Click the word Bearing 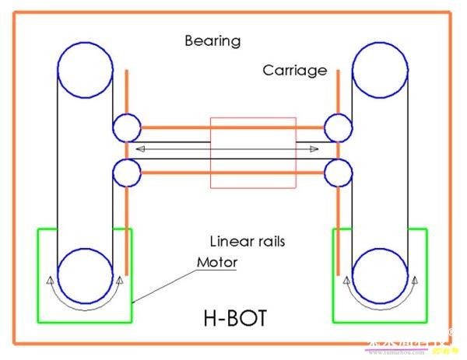(x=212, y=40)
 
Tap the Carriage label (x=294, y=71)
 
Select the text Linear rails (x=248, y=241)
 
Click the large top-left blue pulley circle (x=84, y=68)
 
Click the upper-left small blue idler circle (x=127, y=128)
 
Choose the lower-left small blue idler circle (x=127, y=171)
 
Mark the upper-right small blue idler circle (x=338, y=128)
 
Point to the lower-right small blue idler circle (x=338, y=171)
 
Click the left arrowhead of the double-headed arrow (x=140, y=148)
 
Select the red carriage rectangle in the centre (x=254, y=152)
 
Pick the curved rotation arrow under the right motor (x=381, y=306)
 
